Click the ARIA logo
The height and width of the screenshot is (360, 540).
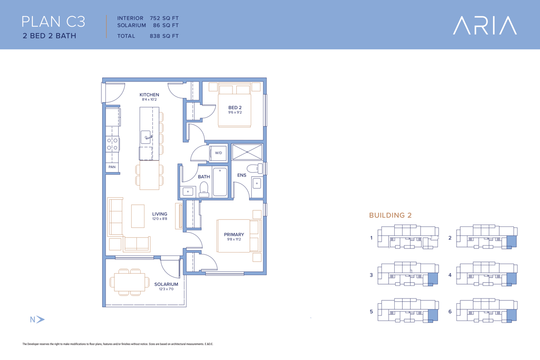pyautogui.click(x=485, y=25)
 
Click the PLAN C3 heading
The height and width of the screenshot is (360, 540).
pyautogui.click(x=53, y=22)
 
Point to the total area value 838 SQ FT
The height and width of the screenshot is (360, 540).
pyautogui.click(x=164, y=36)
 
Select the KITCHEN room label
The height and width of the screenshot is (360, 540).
pyautogui.click(x=149, y=95)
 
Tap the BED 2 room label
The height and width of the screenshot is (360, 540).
pyautogui.click(x=235, y=107)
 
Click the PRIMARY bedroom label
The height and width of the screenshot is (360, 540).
pyautogui.click(x=234, y=234)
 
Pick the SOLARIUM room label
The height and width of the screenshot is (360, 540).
pyautogui.click(x=166, y=284)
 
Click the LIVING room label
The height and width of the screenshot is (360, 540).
pyautogui.click(x=159, y=214)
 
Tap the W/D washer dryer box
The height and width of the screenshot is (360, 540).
pyautogui.click(x=218, y=153)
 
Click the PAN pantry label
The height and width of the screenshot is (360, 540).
pyautogui.click(x=112, y=167)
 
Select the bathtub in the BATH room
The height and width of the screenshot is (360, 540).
pyautogui.click(x=220, y=181)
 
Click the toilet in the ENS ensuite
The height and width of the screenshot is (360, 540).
pyautogui.click(x=255, y=169)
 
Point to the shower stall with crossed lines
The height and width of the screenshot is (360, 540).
pyautogui.click(x=247, y=152)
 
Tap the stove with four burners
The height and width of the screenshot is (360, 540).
pyautogui.click(x=112, y=144)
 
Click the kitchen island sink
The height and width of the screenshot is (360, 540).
pyautogui.click(x=146, y=137)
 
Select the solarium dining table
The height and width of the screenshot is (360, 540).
pyautogui.click(x=129, y=282)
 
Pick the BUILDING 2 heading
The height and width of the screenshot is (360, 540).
pyautogui.click(x=390, y=215)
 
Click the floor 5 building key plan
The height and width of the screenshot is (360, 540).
pyautogui.click(x=408, y=310)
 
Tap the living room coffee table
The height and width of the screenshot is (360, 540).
pyautogui.click(x=138, y=216)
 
